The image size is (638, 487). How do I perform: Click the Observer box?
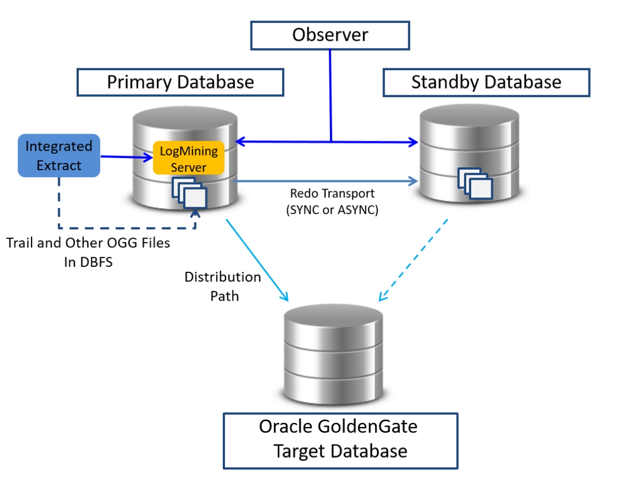click(330, 35)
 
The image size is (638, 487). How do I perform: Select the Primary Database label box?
click(180, 82)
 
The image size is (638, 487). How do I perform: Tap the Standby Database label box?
click(486, 82)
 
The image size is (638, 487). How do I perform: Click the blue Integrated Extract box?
click(59, 155)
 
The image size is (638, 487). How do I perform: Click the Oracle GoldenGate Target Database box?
click(340, 440)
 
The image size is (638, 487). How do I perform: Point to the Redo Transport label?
click(332, 193)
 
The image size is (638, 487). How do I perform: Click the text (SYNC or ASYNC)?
click(332, 211)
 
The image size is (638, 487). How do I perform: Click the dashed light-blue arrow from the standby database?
click(413, 260)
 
